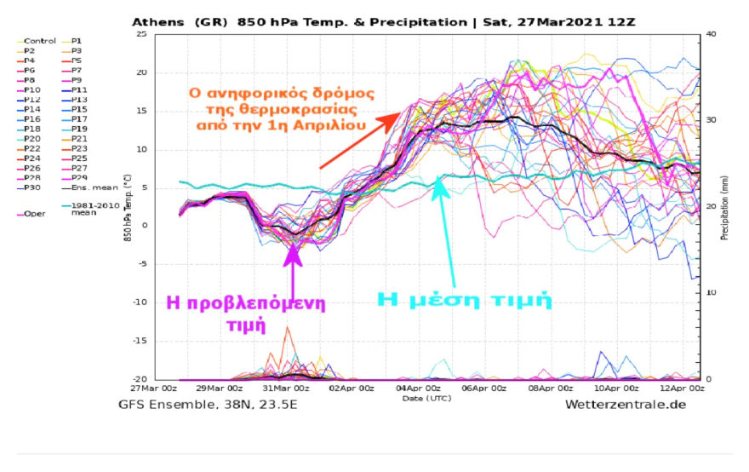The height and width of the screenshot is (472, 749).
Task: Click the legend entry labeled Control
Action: [x=39, y=41]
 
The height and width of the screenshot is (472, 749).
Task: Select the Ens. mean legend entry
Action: [x=88, y=187]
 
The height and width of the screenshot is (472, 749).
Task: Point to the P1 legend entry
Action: [x=77, y=41]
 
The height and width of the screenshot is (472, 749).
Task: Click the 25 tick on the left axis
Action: [x=141, y=34]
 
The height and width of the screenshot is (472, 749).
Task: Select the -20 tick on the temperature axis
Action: [x=139, y=379]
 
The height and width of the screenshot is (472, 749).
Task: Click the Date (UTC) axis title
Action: [x=423, y=398]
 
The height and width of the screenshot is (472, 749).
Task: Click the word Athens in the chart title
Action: [x=157, y=22]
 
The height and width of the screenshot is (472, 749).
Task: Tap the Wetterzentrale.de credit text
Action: [x=625, y=404]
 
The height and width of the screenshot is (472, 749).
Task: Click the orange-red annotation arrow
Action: [x=357, y=141]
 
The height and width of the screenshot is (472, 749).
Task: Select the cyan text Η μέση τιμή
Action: [x=465, y=299]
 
